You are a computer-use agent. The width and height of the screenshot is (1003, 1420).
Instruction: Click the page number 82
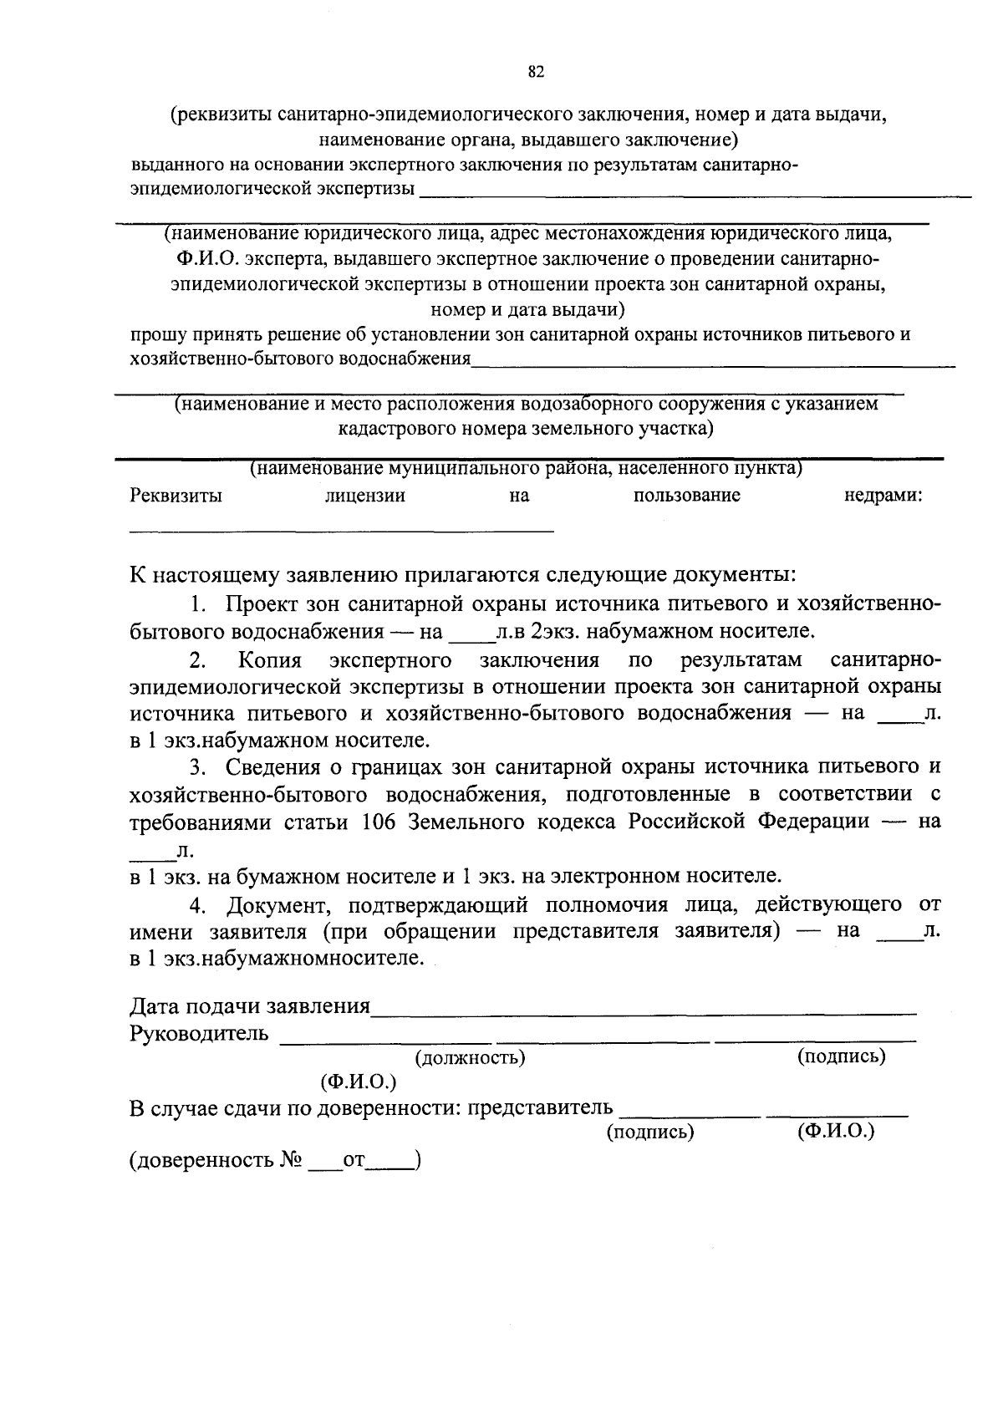[536, 73]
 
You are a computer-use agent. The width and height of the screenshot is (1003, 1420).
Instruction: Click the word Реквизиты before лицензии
[176, 496]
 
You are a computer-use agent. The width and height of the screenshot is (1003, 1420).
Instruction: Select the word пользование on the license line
[686, 496]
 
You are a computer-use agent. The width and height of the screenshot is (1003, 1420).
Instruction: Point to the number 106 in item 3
[379, 821]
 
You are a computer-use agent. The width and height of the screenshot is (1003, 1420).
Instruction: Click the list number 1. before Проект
[197, 604]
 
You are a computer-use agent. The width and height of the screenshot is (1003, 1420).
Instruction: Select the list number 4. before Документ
[197, 904]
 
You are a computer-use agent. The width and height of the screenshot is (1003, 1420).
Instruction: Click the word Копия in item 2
[269, 660]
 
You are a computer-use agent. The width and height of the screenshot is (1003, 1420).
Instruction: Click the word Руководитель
[199, 1035]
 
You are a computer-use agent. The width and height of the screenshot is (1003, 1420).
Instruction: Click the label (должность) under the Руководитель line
[471, 1058]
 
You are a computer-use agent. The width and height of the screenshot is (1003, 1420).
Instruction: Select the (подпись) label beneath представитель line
[649, 1132]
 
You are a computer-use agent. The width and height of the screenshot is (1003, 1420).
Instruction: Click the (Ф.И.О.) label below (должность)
[358, 1082]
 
